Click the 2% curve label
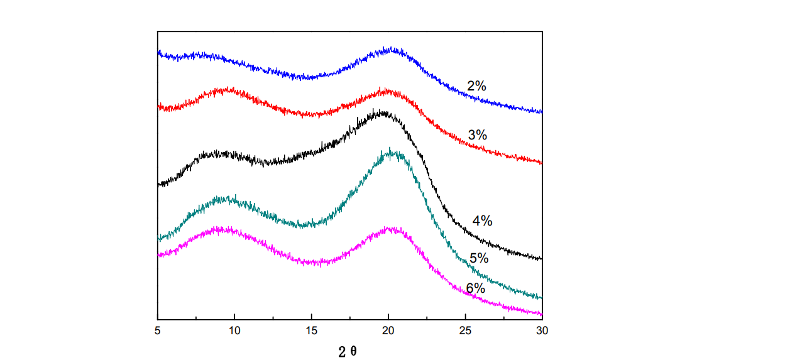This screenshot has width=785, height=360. click(x=476, y=86)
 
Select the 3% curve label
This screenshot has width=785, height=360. click(x=478, y=134)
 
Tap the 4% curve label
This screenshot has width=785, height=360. click(x=482, y=221)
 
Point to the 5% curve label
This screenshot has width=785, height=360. click(x=479, y=258)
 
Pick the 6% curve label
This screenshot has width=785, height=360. click(x=475, y=288)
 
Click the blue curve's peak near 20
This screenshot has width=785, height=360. click(x=392, y=49)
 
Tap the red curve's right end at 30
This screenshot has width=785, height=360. click(x=541, y=162)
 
